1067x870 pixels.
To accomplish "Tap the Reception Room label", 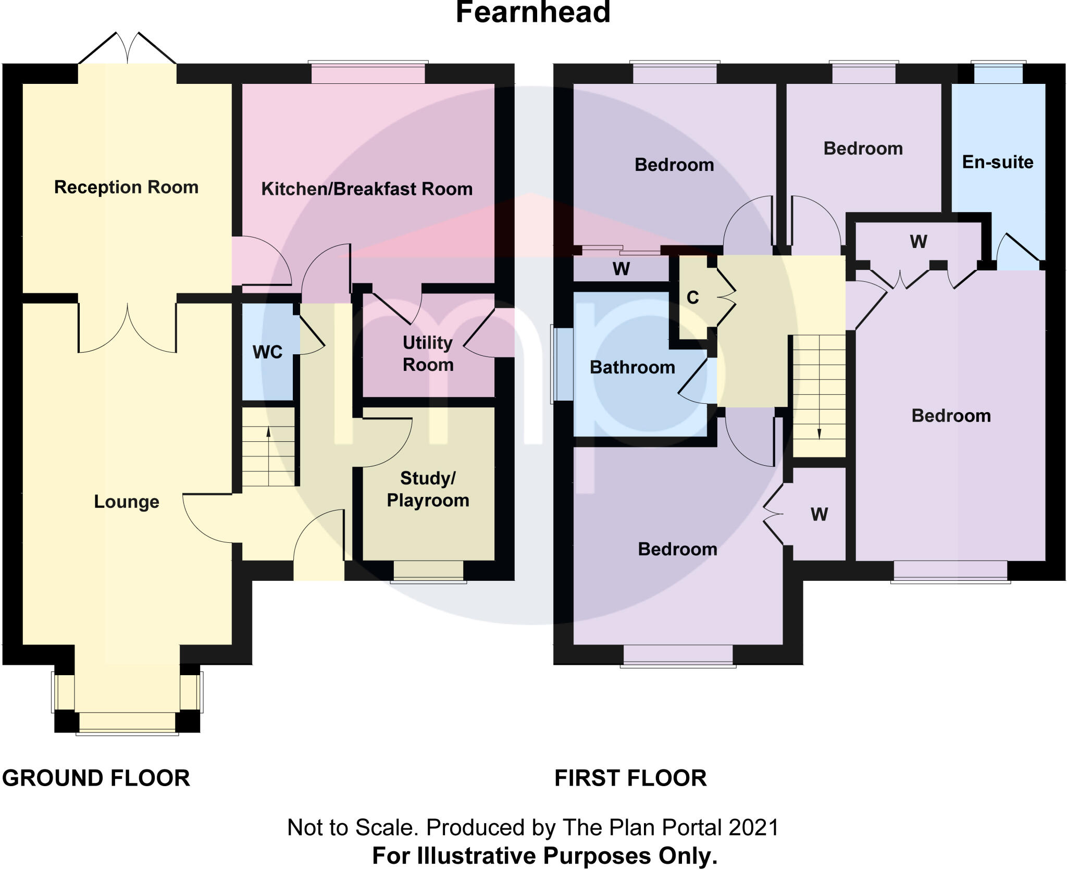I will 126,187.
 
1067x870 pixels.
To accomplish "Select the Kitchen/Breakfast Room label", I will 367,189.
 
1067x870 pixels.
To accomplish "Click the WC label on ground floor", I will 267,352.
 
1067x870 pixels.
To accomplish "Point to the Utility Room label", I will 428,354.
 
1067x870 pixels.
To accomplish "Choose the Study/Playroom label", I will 428,489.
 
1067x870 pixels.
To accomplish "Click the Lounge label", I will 127,502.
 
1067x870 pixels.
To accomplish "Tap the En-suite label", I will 997,162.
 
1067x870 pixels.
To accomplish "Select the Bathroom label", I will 632,367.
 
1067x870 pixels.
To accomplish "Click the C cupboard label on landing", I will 692,297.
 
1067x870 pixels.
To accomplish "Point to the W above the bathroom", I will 621,269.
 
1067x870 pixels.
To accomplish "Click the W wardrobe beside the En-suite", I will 918,242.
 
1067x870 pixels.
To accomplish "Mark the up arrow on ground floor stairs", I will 268,432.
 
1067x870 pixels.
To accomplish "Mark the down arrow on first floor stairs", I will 819,433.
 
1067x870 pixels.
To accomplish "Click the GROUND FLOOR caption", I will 96,778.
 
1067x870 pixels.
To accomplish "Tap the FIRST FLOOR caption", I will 630,778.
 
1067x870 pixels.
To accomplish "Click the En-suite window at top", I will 998,73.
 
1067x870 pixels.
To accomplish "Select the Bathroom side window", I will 562,364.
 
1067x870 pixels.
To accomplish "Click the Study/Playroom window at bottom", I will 428,571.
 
